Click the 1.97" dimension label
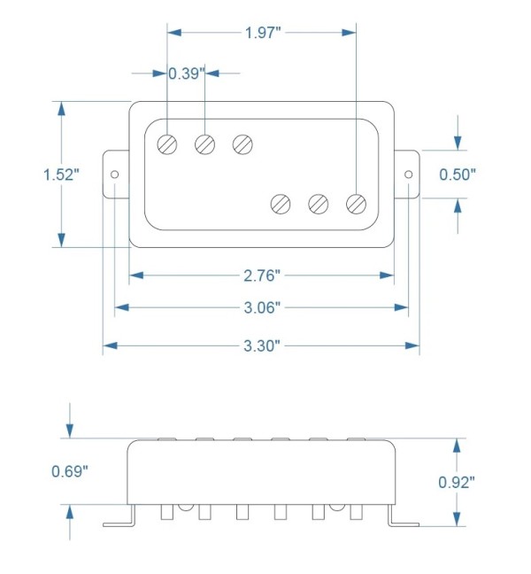(262, 33)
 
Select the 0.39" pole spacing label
(186, 74)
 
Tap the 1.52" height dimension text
(61, 174)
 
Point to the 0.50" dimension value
(458, 174)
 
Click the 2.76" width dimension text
(262, 275)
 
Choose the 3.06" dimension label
(262, 308)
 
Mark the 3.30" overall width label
(262, 345)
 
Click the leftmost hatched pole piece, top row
(167, 143)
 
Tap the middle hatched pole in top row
(205, 143)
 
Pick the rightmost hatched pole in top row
(243, 143)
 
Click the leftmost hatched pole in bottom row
(281, 204)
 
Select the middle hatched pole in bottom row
(319, 204)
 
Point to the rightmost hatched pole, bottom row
(356, 204)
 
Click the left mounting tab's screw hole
(115, 175)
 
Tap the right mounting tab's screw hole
(408, 175)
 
